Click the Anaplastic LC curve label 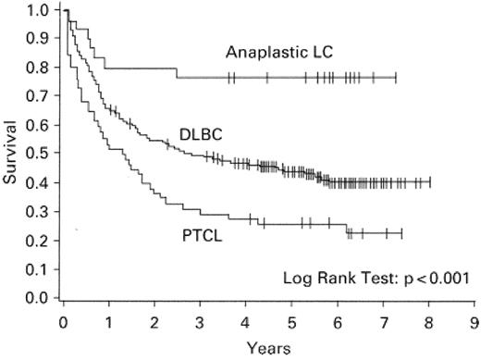pos(278,53)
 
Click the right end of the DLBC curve pos(429,182)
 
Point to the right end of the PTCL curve pos(401,232)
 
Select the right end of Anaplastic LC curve pos(396,78)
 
